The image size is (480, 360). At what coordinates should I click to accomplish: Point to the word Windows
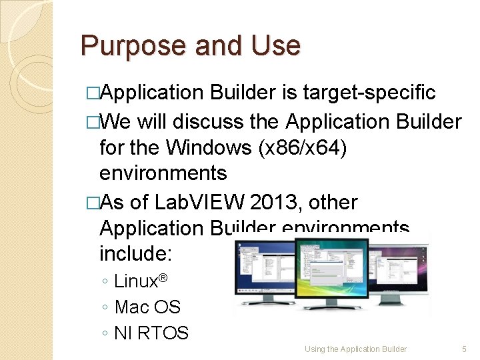click(209, 147)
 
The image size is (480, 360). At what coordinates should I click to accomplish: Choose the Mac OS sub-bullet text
click(147, 307)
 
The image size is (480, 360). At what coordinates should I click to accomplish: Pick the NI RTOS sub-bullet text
click(151, 333)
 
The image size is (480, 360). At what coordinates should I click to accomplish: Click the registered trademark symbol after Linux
click(161, 276)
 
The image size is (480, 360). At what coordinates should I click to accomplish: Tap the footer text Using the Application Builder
click(355, 349)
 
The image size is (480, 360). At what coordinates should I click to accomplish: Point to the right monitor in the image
click(400, 273)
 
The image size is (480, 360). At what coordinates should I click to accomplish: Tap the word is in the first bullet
click(289, 93)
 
